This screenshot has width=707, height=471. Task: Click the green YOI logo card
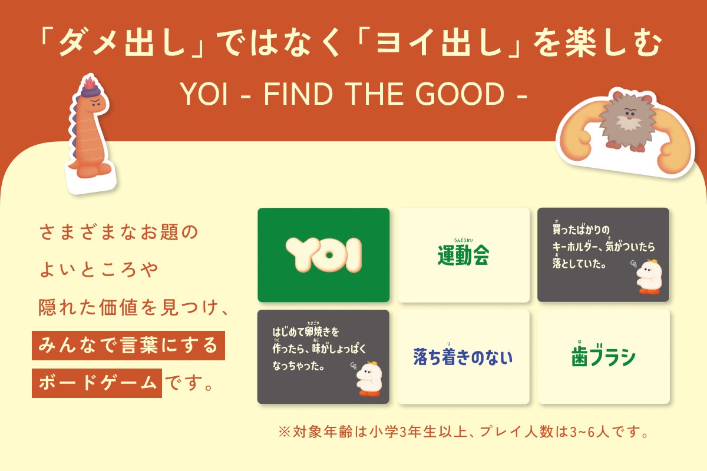coord(323,255)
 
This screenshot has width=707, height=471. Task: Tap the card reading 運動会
coord(463,255)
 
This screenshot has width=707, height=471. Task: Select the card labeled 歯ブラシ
coord(603,356)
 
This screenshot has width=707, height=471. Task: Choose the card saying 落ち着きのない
coord(463,356)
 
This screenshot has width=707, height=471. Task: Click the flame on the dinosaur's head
coord(90,82)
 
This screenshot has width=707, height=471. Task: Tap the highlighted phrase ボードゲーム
coord(97,383)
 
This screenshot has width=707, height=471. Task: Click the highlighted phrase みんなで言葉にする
coord(128,346)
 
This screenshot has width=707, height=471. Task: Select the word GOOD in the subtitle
coord(460,94)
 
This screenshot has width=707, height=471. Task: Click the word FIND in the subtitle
coord(298,94)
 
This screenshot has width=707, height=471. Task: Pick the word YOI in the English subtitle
coord(204,94)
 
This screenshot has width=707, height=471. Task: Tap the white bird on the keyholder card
coord(648,276)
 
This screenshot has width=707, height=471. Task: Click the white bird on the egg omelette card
coord(369,379)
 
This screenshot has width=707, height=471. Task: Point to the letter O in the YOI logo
coord(329,255)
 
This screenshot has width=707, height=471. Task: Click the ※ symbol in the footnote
coord(284,432)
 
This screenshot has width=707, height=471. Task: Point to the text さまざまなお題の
coord(118,232)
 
